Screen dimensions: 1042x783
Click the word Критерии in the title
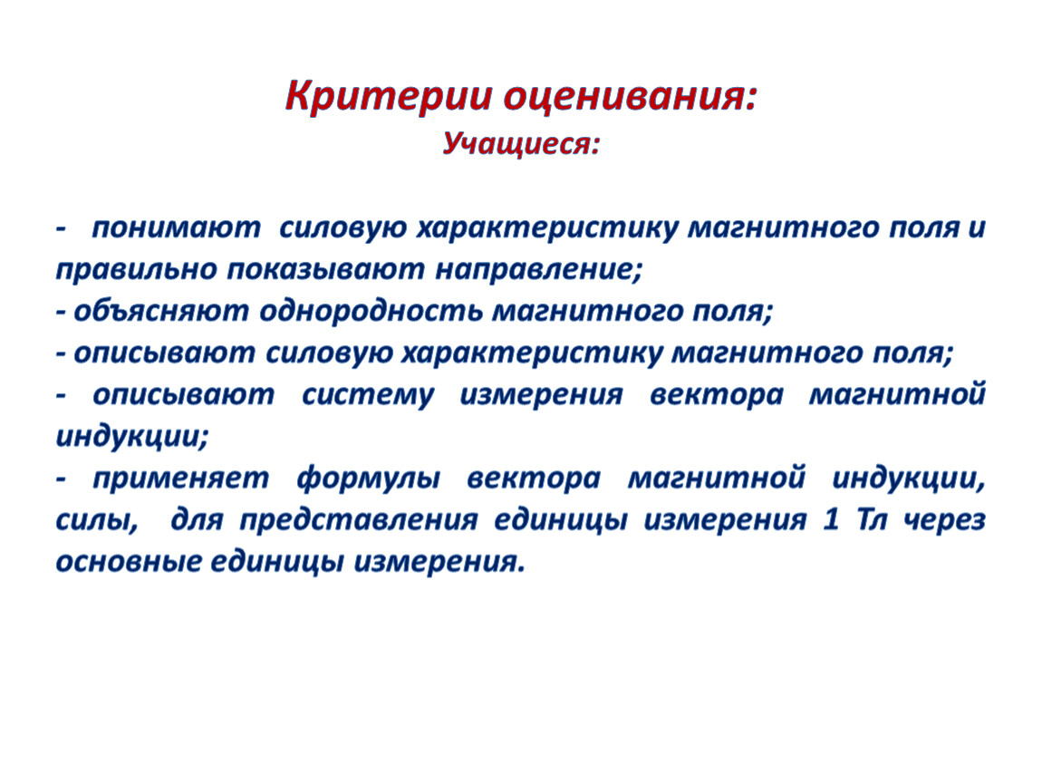[x=390, y=96]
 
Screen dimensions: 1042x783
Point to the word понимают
[x=176, y=228]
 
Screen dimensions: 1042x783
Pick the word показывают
[x=325, y=270]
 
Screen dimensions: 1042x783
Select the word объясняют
[x=160, y=311]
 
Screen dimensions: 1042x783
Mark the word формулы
[x=368, y=478]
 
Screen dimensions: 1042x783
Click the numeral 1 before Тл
[x=831, y=520]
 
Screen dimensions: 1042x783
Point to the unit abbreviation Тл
[x=872, y=520]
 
